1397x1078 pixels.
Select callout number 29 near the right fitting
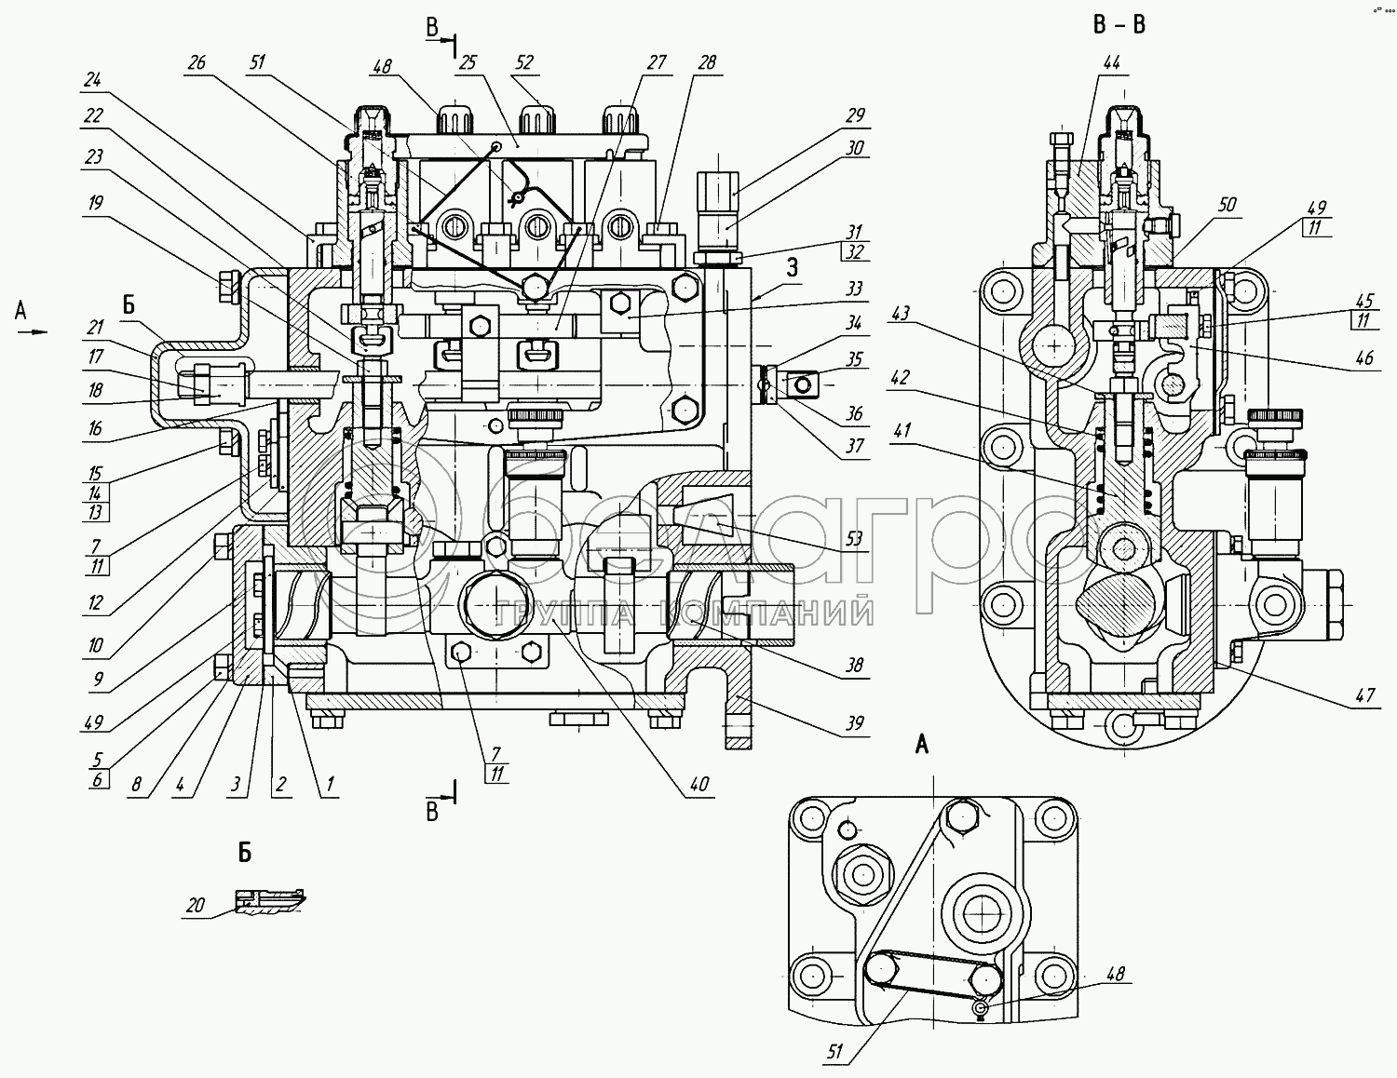pyautogui.click(x=855, y=116)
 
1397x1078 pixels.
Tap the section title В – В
pyautogui.click(x=1119, y=25)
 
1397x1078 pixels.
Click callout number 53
pyautogui.click(x=853, y=539)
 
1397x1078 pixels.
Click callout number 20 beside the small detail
pyautogui.click(x=196, y=905)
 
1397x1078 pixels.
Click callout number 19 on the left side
pyautogui.click(x=97, y=203)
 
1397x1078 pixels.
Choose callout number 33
pyautogui.click(x=854, y=290)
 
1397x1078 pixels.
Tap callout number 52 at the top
pyautogui.click(x=524, y=62)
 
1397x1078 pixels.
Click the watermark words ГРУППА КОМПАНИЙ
pyautogui.click(x=685, y=613)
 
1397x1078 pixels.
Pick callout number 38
pyautogui.click(x=854, y=665)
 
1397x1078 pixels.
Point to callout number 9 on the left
pyautogui.click(x=98, y=680)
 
